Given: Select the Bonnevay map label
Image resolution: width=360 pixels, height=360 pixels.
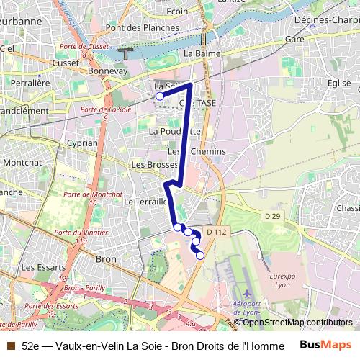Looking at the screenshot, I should click(x=107, y=72).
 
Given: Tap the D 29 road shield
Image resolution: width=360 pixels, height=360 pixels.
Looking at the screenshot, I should click(x=271, y=216).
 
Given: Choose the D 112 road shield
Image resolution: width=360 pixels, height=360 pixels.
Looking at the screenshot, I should click(x=216, y=232).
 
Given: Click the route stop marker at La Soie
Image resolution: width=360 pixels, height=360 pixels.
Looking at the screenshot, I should click(x=160, y=96).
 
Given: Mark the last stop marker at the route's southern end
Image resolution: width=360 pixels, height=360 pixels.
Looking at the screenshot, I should click(x=200, y=256).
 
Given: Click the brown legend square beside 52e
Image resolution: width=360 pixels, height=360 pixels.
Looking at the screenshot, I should click(x=10, y=346).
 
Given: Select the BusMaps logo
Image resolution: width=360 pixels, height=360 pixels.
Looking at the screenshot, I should click(x=326, y=345).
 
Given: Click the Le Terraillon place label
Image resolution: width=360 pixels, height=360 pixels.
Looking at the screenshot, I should click(x=145, y=202).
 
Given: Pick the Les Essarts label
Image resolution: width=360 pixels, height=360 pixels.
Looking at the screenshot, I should click(x=39, y=266).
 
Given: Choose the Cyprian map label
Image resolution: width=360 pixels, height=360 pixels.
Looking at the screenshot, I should click(x=81, y=143).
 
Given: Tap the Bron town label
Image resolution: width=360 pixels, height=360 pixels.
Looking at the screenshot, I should click(x=106, y=258).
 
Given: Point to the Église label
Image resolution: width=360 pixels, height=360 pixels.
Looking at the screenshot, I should click(x=338, y=83).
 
